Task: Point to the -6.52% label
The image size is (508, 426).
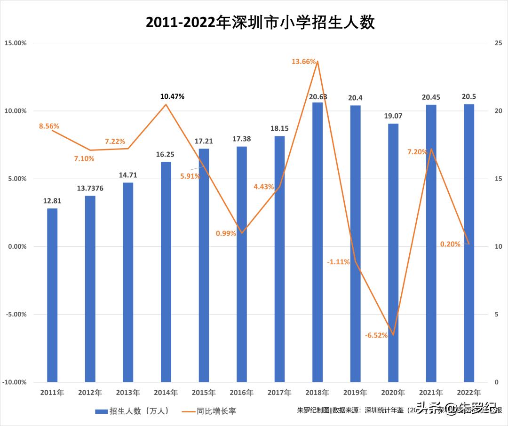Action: [x=376, y=335]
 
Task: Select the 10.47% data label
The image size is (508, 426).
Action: [x=172, y=96]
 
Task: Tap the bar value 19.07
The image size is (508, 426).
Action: [x=393, y=116]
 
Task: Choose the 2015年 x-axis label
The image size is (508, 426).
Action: [x=204, y=392]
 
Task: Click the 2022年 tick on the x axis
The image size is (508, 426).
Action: [x=469, y=392]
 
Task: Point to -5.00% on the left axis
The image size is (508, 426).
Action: [x=16, y=315]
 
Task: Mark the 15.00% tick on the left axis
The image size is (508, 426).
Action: [x=16, y=43]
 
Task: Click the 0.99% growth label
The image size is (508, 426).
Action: [x=226, y=234]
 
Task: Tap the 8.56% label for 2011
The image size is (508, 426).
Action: [x=49, y=126]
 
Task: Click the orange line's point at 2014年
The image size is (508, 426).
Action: [x=166, y=104]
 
